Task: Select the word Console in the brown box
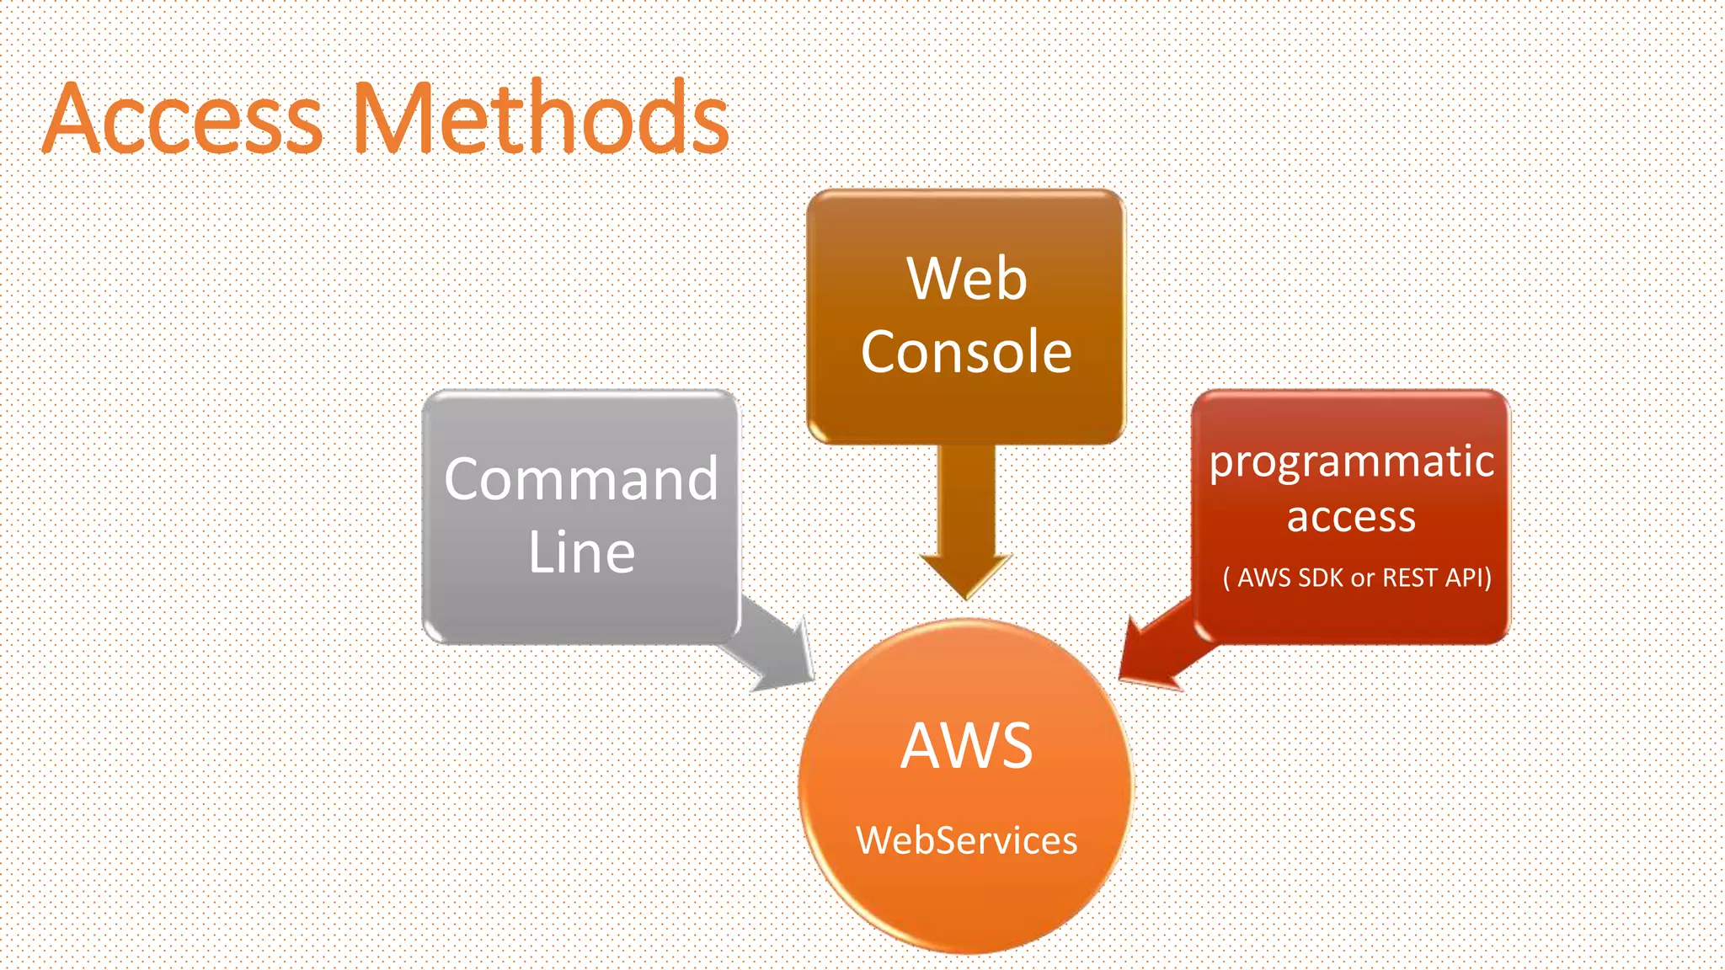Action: point(966,351)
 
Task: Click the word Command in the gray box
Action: point(581,478)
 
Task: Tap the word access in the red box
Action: point(1351,516)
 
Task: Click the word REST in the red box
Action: point(1409,578)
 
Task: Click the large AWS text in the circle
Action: point(966,746)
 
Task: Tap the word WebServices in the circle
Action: point(966,840)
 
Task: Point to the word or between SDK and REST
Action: point(1362,578)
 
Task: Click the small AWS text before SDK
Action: point(1263,578)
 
